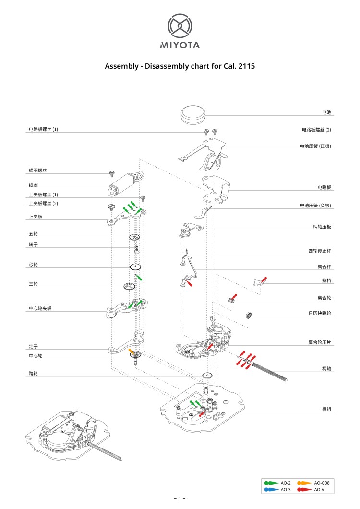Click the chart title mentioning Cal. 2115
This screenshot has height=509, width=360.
coord(180,66)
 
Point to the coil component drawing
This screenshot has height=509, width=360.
coord(126,182)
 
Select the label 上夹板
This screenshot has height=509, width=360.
coord(36,217)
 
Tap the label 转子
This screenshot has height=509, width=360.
coord(33,245)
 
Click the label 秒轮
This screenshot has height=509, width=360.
coord(33,265)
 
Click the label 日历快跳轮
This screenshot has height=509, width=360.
coord(320,313)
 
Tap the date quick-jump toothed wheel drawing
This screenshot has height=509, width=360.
coord(249,315)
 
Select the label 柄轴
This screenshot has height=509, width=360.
coord(326,369)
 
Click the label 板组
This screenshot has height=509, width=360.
coord(326,409)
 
